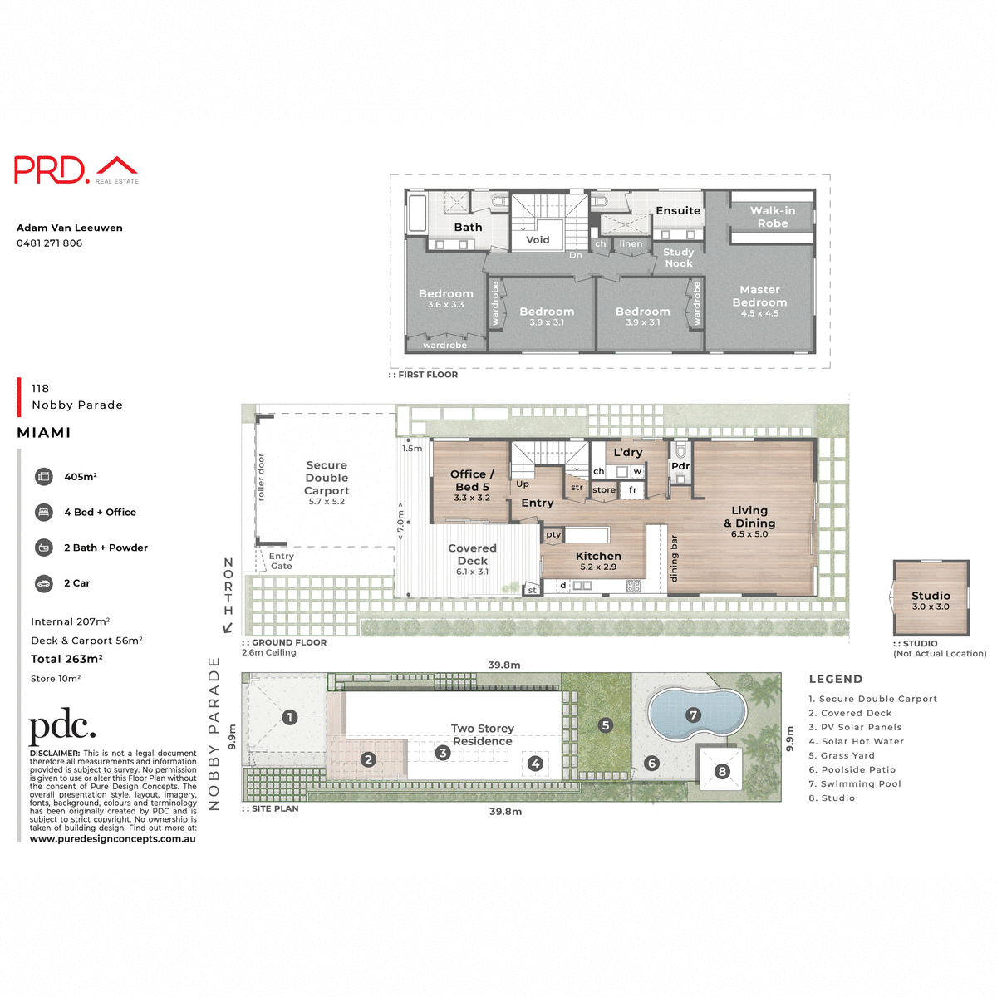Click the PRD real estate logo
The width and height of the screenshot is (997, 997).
pyautogui.click(x=76, y=169)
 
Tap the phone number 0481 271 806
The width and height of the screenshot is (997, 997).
pyautogui.click(x=49, y=243)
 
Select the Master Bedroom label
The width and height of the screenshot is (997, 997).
pyautogui.click(x=759, y=297)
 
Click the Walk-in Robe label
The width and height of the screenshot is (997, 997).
pyautogui.click(x=772, y=217)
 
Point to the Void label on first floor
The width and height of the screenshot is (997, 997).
pyautogui.click(x=538, y=240)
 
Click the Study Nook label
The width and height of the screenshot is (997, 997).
pyautogui.click(x=678, y=258)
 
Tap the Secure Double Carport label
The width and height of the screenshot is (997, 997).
pyautogui.click(x=327, y=478)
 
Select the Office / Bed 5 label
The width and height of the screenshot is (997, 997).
pyautogui.click(x=472, y=480)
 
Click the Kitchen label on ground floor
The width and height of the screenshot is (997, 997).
pyautogui.click(x=598, y=557)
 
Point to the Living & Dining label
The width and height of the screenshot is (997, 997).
pyautogui.click(x=749, y=517)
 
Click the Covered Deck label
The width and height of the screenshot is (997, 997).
pyautogui.click(x=472, y=554)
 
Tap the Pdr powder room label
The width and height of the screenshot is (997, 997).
pyautogui.click(x=680, y=466)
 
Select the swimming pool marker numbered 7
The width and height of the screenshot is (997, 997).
pyautogui.click(x=693, y=715)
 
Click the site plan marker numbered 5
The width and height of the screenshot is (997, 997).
pyautogui.click(x=605, y=725)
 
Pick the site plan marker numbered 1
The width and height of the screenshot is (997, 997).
pyautogui.click(x=289, y=717)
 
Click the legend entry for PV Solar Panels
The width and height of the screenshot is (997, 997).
pyautogui.click(x=855, y=727)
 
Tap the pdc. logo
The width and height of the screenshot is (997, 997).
pyautogui.click(x=62, y=728)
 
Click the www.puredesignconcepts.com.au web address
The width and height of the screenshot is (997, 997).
pyautogui.click(x=113, y=839)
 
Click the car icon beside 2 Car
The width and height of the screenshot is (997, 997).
pyautogui.click(x=43, y=583)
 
